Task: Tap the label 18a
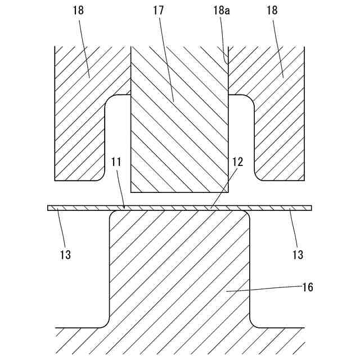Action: [224, 10]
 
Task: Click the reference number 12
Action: [238, 162]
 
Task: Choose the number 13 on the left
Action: [65, 254]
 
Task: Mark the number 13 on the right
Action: [298, 254]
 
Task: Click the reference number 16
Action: [308, 287]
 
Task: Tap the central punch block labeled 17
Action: [179, 141]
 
